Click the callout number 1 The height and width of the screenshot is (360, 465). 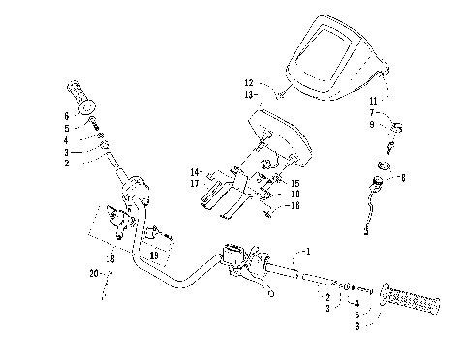coord(309,251)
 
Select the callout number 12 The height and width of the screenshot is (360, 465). coord(249,83)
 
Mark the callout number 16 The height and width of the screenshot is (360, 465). coord(295,206)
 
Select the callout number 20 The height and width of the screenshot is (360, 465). coord(93,275)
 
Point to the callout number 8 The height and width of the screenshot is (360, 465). coord(403,178)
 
